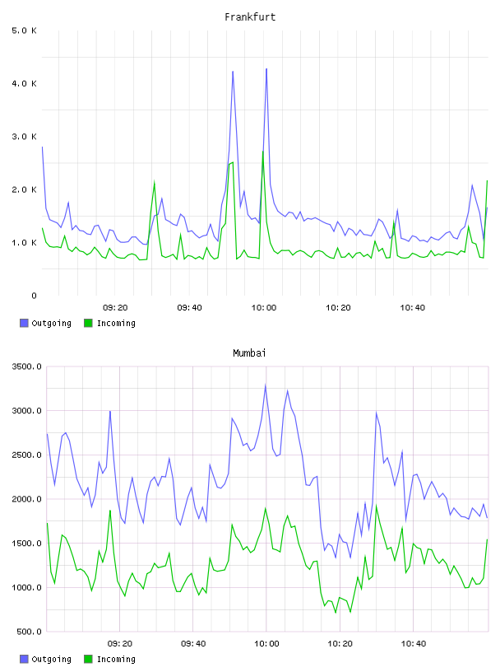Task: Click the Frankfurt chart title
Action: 250,16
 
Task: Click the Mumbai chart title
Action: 249,352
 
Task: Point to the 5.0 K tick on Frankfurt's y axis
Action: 25,30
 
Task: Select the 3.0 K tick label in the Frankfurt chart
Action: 25,137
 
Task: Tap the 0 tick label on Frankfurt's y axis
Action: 34,296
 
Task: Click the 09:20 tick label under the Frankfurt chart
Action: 115,307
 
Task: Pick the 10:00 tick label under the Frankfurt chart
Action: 264,307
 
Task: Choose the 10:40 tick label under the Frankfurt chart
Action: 412,307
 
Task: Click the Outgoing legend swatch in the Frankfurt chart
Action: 24,323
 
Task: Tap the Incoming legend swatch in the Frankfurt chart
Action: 88,323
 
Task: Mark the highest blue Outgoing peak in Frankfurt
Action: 266,68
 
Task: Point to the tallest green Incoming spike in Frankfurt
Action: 263,151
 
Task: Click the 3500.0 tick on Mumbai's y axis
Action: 26,366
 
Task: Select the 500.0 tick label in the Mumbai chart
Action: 29,632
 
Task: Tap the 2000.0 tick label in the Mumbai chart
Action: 26,499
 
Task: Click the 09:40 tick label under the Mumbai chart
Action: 193,643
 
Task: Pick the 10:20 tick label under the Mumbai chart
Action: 340,643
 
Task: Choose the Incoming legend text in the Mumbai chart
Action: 116,659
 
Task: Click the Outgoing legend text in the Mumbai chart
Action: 51,659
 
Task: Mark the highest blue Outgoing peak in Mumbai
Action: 266,385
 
